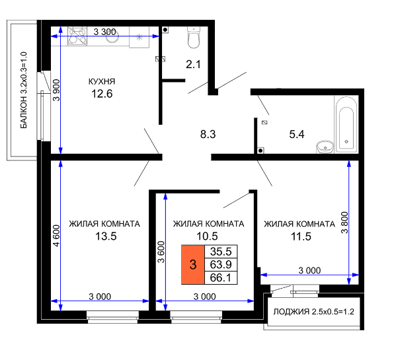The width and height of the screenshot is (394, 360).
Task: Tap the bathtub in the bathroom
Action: point(346,124)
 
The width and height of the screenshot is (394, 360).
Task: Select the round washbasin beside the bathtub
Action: point(325,147)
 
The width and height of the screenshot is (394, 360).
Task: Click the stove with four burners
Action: point(77,36)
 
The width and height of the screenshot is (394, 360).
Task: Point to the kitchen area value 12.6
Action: point(102,94)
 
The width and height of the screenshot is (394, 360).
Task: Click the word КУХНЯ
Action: point(102,81)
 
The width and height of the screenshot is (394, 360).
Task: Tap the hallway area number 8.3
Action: point(208,134)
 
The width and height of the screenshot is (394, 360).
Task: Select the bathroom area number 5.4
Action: point(297,134)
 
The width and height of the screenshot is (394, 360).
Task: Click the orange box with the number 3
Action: point(193,265)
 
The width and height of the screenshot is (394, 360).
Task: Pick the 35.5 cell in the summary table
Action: point(221,251)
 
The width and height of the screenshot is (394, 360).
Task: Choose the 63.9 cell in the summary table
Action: point(221,264)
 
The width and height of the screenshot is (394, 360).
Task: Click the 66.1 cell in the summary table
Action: point(221,277)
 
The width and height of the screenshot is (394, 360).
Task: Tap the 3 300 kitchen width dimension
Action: point(105,32)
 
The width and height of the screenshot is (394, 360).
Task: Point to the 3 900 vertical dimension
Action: point(57,90)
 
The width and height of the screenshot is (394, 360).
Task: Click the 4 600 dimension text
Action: point(57,235)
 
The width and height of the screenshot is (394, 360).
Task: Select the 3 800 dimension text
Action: point(344,223)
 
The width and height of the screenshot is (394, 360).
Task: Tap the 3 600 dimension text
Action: point(161,252)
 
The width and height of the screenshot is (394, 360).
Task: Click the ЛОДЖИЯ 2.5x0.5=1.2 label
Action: point(313,312)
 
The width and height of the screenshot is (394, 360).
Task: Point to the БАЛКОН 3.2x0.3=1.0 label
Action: point(23,90)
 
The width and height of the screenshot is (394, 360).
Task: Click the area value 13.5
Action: point(106,236)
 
